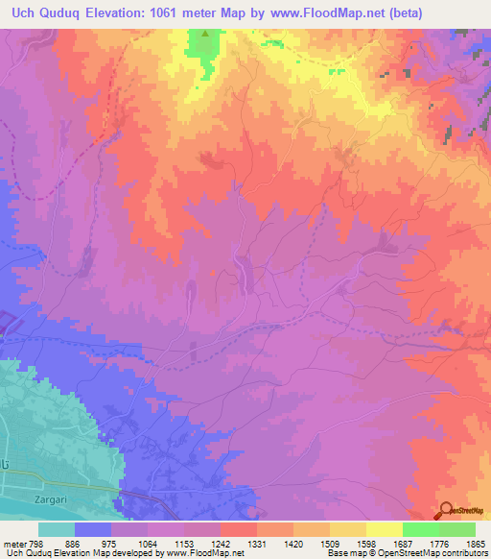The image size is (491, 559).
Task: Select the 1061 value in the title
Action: (x=184, y=12)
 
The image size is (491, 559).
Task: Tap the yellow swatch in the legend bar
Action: (x=384, y=529)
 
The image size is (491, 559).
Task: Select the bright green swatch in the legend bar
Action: (x=420, y=529)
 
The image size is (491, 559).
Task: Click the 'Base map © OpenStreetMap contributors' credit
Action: (x=407, y=553)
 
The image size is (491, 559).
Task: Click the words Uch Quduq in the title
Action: (x=44, y=12)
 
